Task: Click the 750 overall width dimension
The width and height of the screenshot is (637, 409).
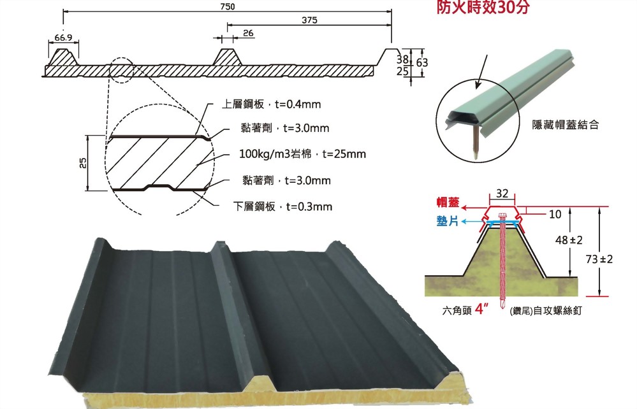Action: click(x=228, y=7)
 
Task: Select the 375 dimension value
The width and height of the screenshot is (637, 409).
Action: click(x=310, y=20)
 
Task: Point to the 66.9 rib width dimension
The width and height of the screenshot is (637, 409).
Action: click(x=63, y=38)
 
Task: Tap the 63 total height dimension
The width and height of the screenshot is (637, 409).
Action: click(x=421, y=63)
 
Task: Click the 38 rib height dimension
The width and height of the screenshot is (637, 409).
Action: click(x=402, y=59)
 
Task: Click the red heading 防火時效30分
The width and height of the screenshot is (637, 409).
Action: click(x=483, y=9)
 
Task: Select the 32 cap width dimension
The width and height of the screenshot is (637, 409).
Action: click(x=502, y=193)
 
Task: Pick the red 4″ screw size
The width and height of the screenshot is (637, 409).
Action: click(x=482, y=312)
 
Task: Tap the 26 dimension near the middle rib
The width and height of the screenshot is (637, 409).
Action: click(x=248, y=32)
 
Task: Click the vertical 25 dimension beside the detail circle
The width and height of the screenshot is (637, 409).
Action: click(x=82, y=164)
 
